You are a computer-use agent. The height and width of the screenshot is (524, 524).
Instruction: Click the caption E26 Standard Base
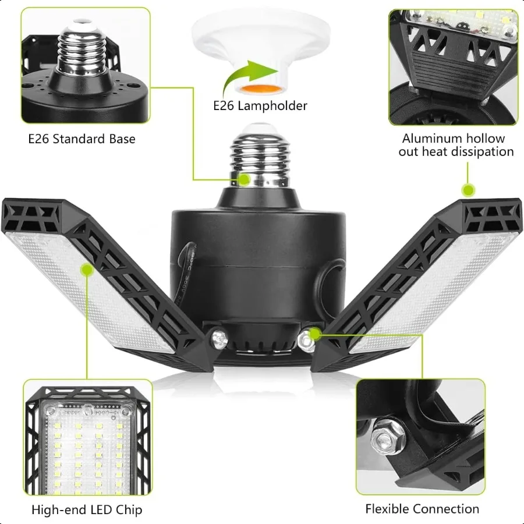[82, 139]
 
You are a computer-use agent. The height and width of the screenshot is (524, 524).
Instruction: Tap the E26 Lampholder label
[260, 105]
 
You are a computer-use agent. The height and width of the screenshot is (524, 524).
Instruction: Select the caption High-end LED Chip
[87, 510]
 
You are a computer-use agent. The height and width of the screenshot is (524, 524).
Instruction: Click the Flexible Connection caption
[422, 509]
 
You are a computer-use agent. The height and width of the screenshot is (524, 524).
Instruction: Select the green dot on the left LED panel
[87, 270]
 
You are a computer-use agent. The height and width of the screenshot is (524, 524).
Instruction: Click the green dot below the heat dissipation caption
[468, 190]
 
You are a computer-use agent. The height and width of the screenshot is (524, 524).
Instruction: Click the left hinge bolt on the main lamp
[218, 338]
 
